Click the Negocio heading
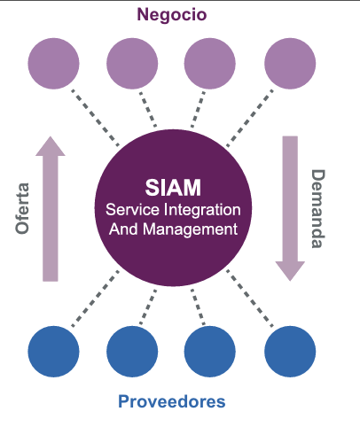[x=172, y=15]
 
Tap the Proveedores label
[x=172, y=401]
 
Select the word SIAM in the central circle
[x=173, y=188]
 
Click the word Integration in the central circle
[x=202, y=211]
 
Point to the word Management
[x=190, y=229]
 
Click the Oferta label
[x=22, y=208]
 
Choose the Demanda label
[x=318, y=209]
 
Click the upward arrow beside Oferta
[x=51, y=208]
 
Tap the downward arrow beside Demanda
[x=290, y=208]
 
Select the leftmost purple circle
[x=53, y=63]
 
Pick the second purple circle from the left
[x=132, y=63]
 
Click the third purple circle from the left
[x=210, y=63]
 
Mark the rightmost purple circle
[x=290, y=63]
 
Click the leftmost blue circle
[x=53, y=352]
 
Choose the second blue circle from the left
[x=132, y=352]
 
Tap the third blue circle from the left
[x=210, y=352]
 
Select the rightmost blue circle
[x=290, y=352]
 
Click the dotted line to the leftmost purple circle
[x=95, y=118]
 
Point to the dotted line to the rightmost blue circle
[x=250, y=299]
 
